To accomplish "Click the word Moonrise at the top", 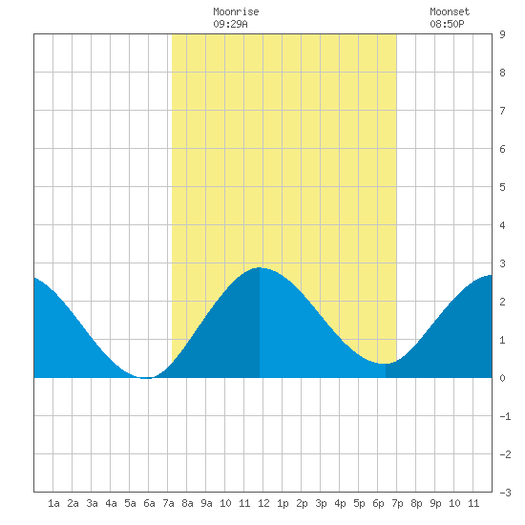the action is coord(236,12).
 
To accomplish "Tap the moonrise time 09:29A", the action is coord(230,24).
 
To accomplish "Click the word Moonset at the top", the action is coord(450,12).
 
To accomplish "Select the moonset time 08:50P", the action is coord(447,24).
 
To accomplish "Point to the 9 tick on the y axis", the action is coord(502,34).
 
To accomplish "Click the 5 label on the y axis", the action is coord(502,187).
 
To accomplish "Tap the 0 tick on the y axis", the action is coord(502,378).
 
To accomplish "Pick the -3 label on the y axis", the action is coord(505,493).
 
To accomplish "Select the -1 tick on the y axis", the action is coord(505,416).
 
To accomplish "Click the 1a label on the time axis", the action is coord(53,503).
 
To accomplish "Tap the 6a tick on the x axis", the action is coord(149,503).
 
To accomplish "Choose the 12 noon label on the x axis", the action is coord(263,503).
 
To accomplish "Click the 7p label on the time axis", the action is coord(397,503).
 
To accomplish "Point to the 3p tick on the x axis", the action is coord(321,503).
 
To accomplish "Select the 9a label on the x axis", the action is coord(206,503).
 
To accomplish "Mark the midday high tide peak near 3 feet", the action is coord(260,267).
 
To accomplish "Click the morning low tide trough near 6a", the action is coord(146,378).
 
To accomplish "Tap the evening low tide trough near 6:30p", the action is coord(385,364).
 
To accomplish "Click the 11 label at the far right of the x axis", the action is coord(473,503).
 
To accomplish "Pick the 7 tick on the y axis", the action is coord(502,111).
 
